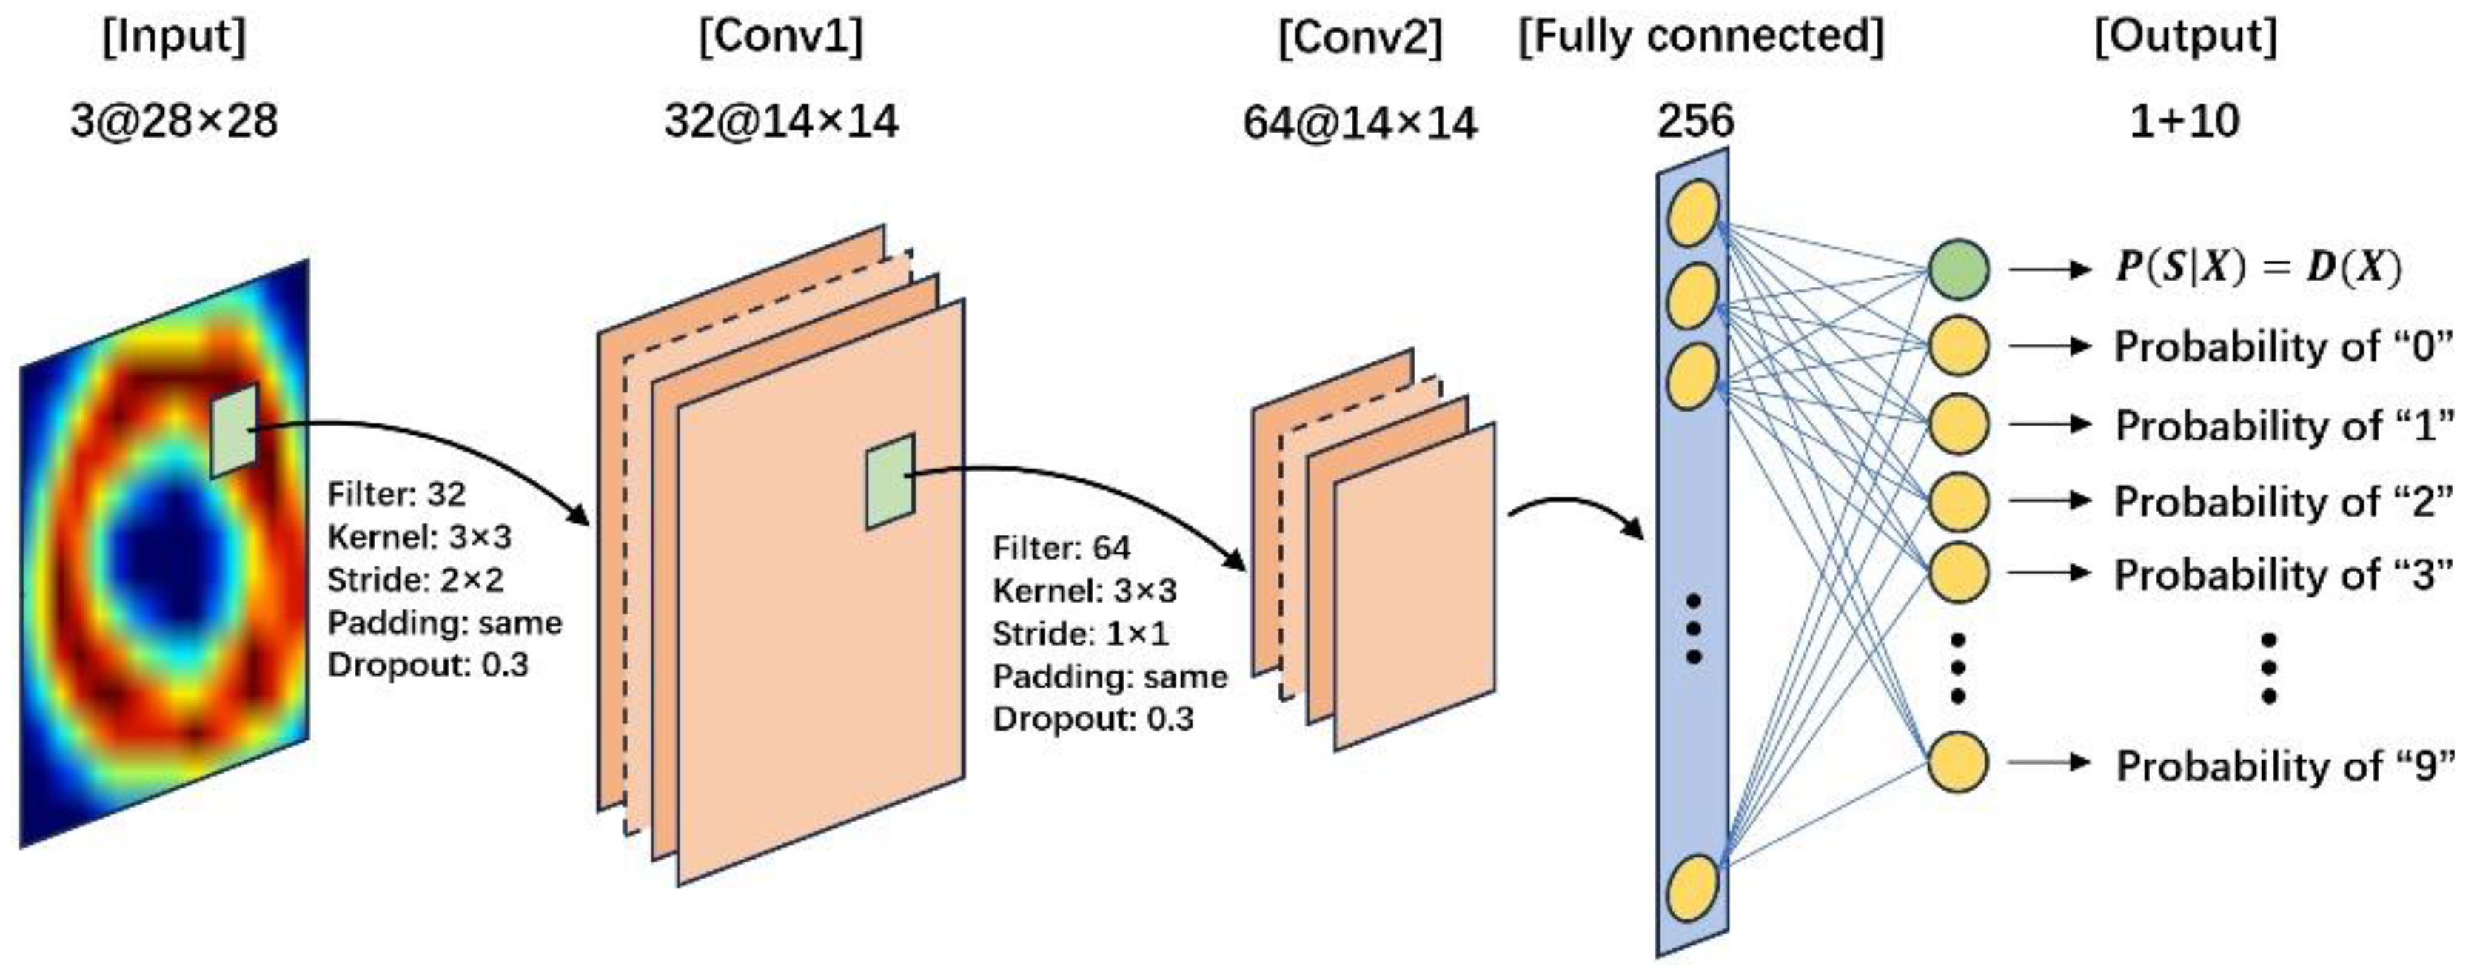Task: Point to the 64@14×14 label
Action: [x=1359, y=123]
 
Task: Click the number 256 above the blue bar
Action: [x=1695, y=121]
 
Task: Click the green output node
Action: [x=1958, y=269]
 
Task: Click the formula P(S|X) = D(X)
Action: [x=2257, y=267]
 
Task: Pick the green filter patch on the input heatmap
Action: [x=235, y=430]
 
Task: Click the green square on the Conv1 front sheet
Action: [x=891, y=480]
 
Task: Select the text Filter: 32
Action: [x=396, y=495]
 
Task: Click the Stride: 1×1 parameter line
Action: [x=1081, y=634]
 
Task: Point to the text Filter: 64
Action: [x=1062, y=549]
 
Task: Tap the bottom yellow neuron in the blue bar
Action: [x=1692, y=887]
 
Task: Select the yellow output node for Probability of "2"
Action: [x=1958, y=500]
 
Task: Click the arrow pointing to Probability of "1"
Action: [x=2050, y=423]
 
